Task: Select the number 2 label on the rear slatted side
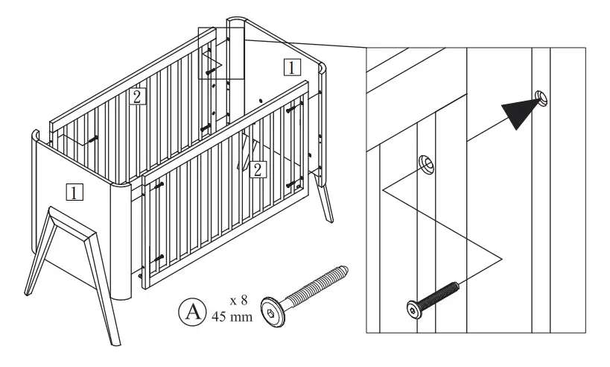click(x=136, y=95)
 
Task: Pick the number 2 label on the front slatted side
click(x=255, y=169)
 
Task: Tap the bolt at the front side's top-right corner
click(x=292, y=109)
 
